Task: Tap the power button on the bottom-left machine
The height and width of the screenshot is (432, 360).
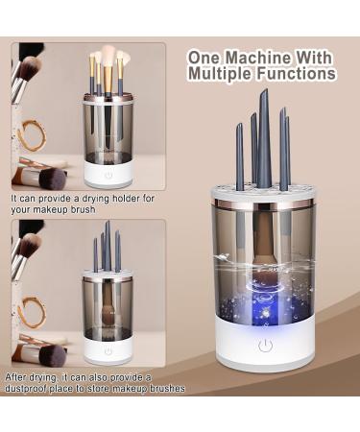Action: (x=108, y=350)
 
